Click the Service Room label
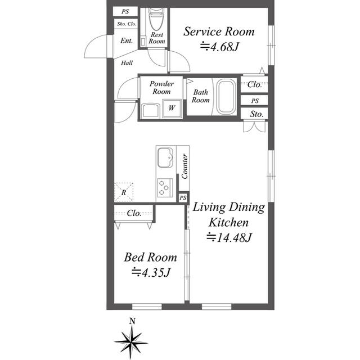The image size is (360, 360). (x=219, y=31)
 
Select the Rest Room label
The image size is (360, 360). (x=157, y=38)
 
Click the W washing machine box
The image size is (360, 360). (x=172, y=108)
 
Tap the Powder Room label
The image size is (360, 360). (x=161, y=88)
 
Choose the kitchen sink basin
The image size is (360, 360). (x=166, y=157)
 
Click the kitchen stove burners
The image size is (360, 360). (x=165, y=187)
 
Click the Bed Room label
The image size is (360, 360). (x=150, y=258)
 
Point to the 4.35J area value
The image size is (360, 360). (x=151, y=273)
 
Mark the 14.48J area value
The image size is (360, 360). (x=229, y=237)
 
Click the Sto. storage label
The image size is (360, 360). (x=257, y=114)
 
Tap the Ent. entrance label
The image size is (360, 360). (x=127, y=40)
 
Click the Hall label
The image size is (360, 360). (x=127, y=63)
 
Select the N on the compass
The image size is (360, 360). (x=132, y=322)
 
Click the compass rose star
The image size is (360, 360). (x=131, y=341)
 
